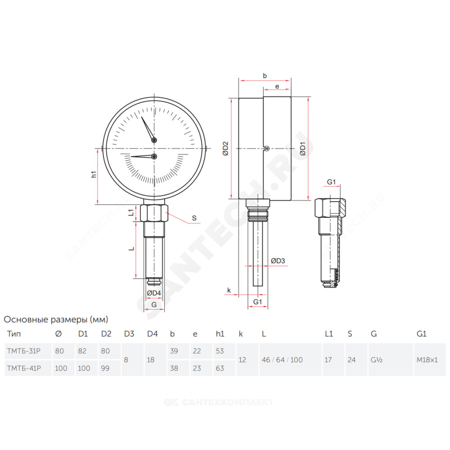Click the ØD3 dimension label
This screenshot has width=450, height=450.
point(278,261)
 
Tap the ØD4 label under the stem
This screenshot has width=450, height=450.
point(154,293)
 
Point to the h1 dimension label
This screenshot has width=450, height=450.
point(94,174)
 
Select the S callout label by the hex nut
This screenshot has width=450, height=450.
point(194,218)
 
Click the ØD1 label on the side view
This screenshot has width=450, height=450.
point(303,148)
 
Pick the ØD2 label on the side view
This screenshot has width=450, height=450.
point(225,148)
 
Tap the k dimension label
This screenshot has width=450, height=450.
point(229,290)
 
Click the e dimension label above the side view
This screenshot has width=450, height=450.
point(277,86)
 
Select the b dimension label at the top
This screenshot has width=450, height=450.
point(265,76)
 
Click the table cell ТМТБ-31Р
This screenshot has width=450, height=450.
point(24,351)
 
